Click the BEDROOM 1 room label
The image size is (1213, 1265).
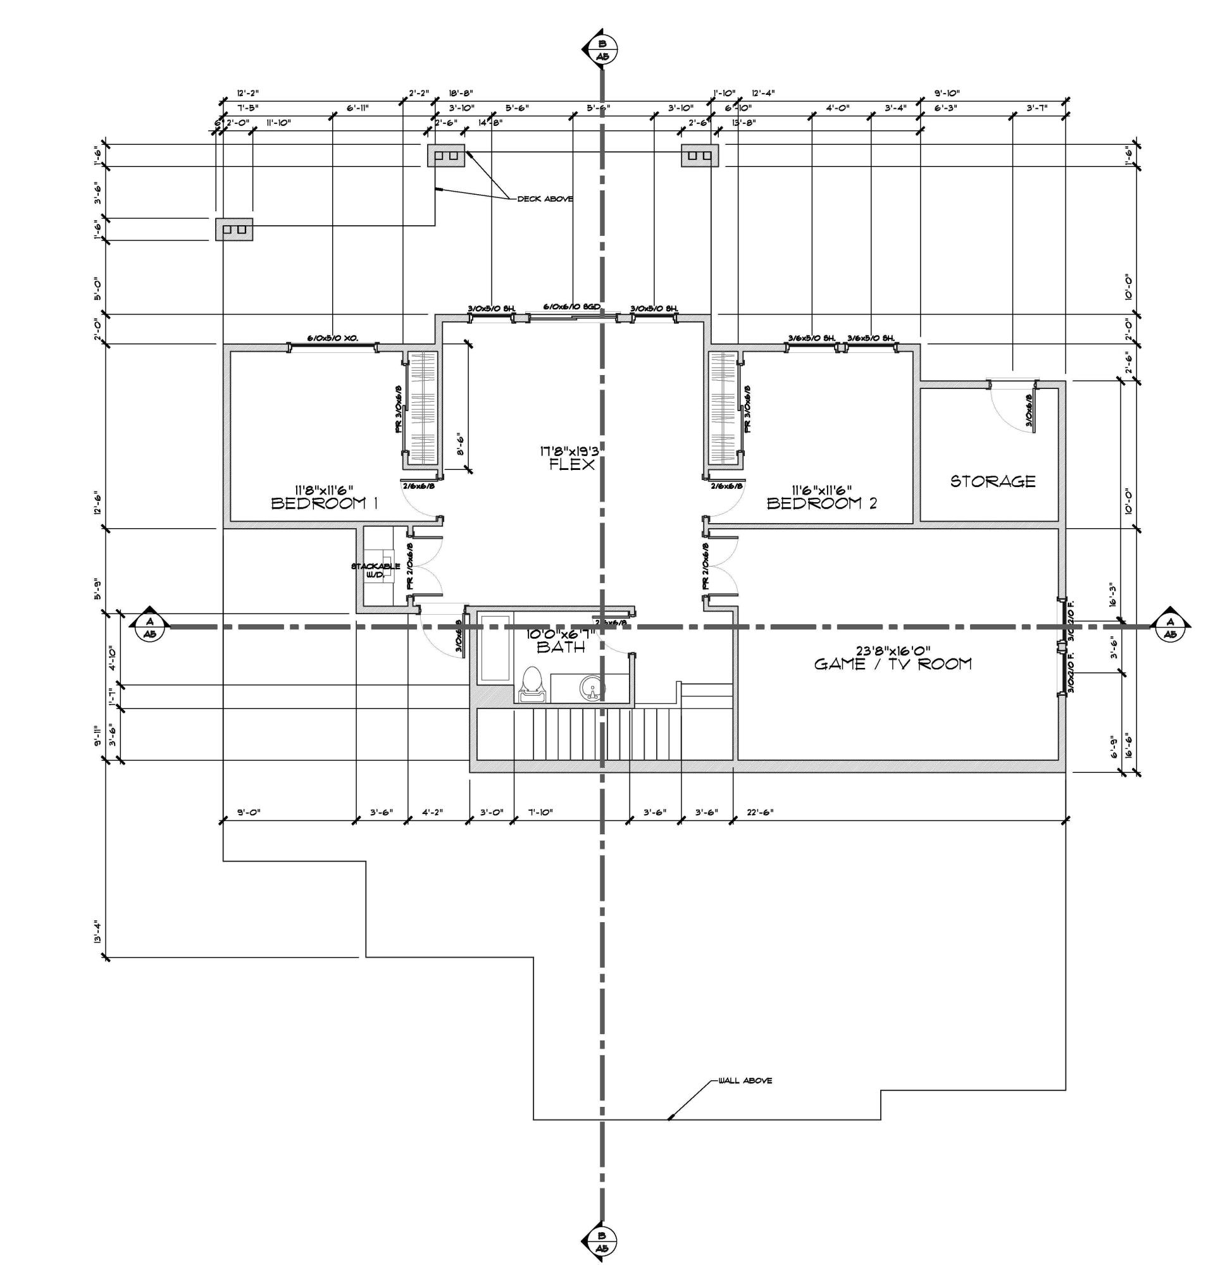(324, 503)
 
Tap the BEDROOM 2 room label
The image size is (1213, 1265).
(821, 503)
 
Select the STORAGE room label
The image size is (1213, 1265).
(992, 481)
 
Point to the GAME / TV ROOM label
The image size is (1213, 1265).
(892, 663)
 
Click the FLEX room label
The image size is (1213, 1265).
(571, 464)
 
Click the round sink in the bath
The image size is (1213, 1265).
(592, 687)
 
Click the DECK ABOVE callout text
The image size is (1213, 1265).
(545, 199)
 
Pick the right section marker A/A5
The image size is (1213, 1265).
(1171, 627)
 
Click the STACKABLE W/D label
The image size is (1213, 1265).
(376, 569)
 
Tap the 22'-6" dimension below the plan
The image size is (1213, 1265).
(759, 813)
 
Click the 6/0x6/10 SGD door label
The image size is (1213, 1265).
(572, 307)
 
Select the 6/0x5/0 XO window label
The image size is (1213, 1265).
(332, 338)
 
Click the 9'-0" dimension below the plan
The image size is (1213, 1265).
(249, 813)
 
